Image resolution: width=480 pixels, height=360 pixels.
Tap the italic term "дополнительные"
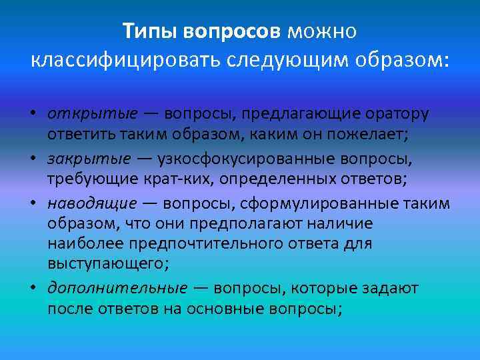(117, 288)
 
